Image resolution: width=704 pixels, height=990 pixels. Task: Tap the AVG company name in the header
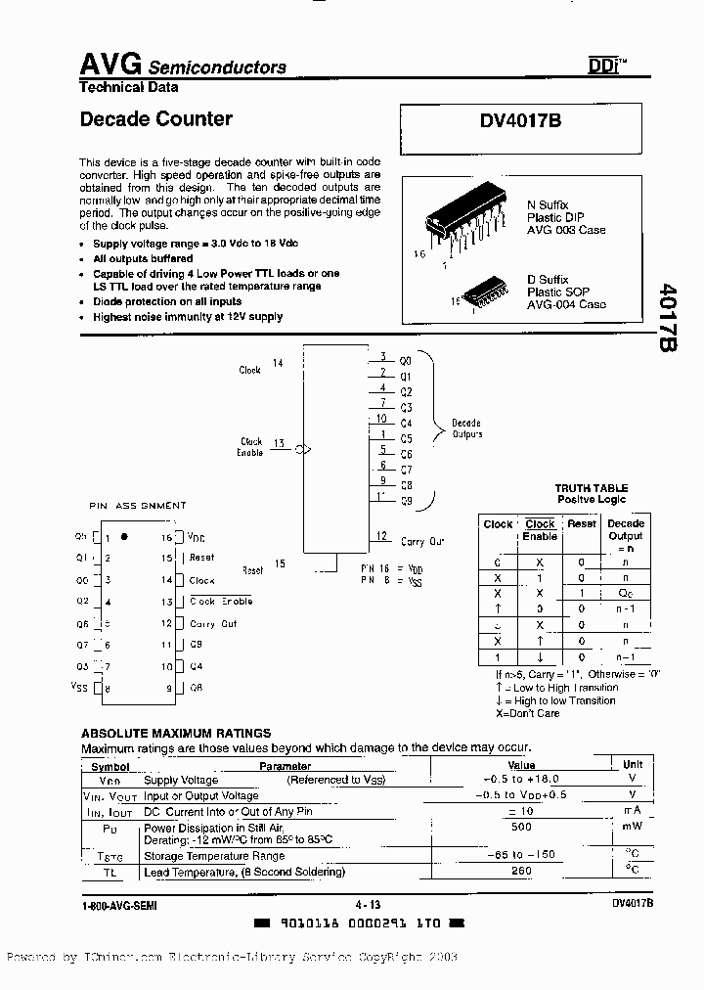pos(110,65)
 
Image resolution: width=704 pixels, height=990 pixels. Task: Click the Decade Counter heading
pos(155,119)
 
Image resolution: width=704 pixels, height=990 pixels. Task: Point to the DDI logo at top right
pos(604,66)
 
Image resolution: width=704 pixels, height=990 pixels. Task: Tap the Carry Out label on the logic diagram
pos(422,541)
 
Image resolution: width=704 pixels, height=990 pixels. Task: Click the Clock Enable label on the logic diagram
pos(251,447)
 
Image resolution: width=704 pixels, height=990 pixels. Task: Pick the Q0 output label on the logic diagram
pos(406,360)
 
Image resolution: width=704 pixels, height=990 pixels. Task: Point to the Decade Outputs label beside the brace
pos(466,428)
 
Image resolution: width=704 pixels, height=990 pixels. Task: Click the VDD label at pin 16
pos(197,538)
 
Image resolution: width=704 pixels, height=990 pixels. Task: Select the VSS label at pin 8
pos(79,687)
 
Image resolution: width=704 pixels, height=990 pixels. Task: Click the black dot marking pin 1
pos(123,537)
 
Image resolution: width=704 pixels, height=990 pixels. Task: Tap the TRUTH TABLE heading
pos(591,488)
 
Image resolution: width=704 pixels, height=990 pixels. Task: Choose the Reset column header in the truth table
pos(582,523)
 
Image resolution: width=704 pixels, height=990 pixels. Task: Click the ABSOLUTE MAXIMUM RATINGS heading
pos(176,733)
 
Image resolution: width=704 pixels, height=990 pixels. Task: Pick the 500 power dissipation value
pos(520,827)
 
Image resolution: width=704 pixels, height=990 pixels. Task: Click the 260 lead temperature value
pos(520,871)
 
